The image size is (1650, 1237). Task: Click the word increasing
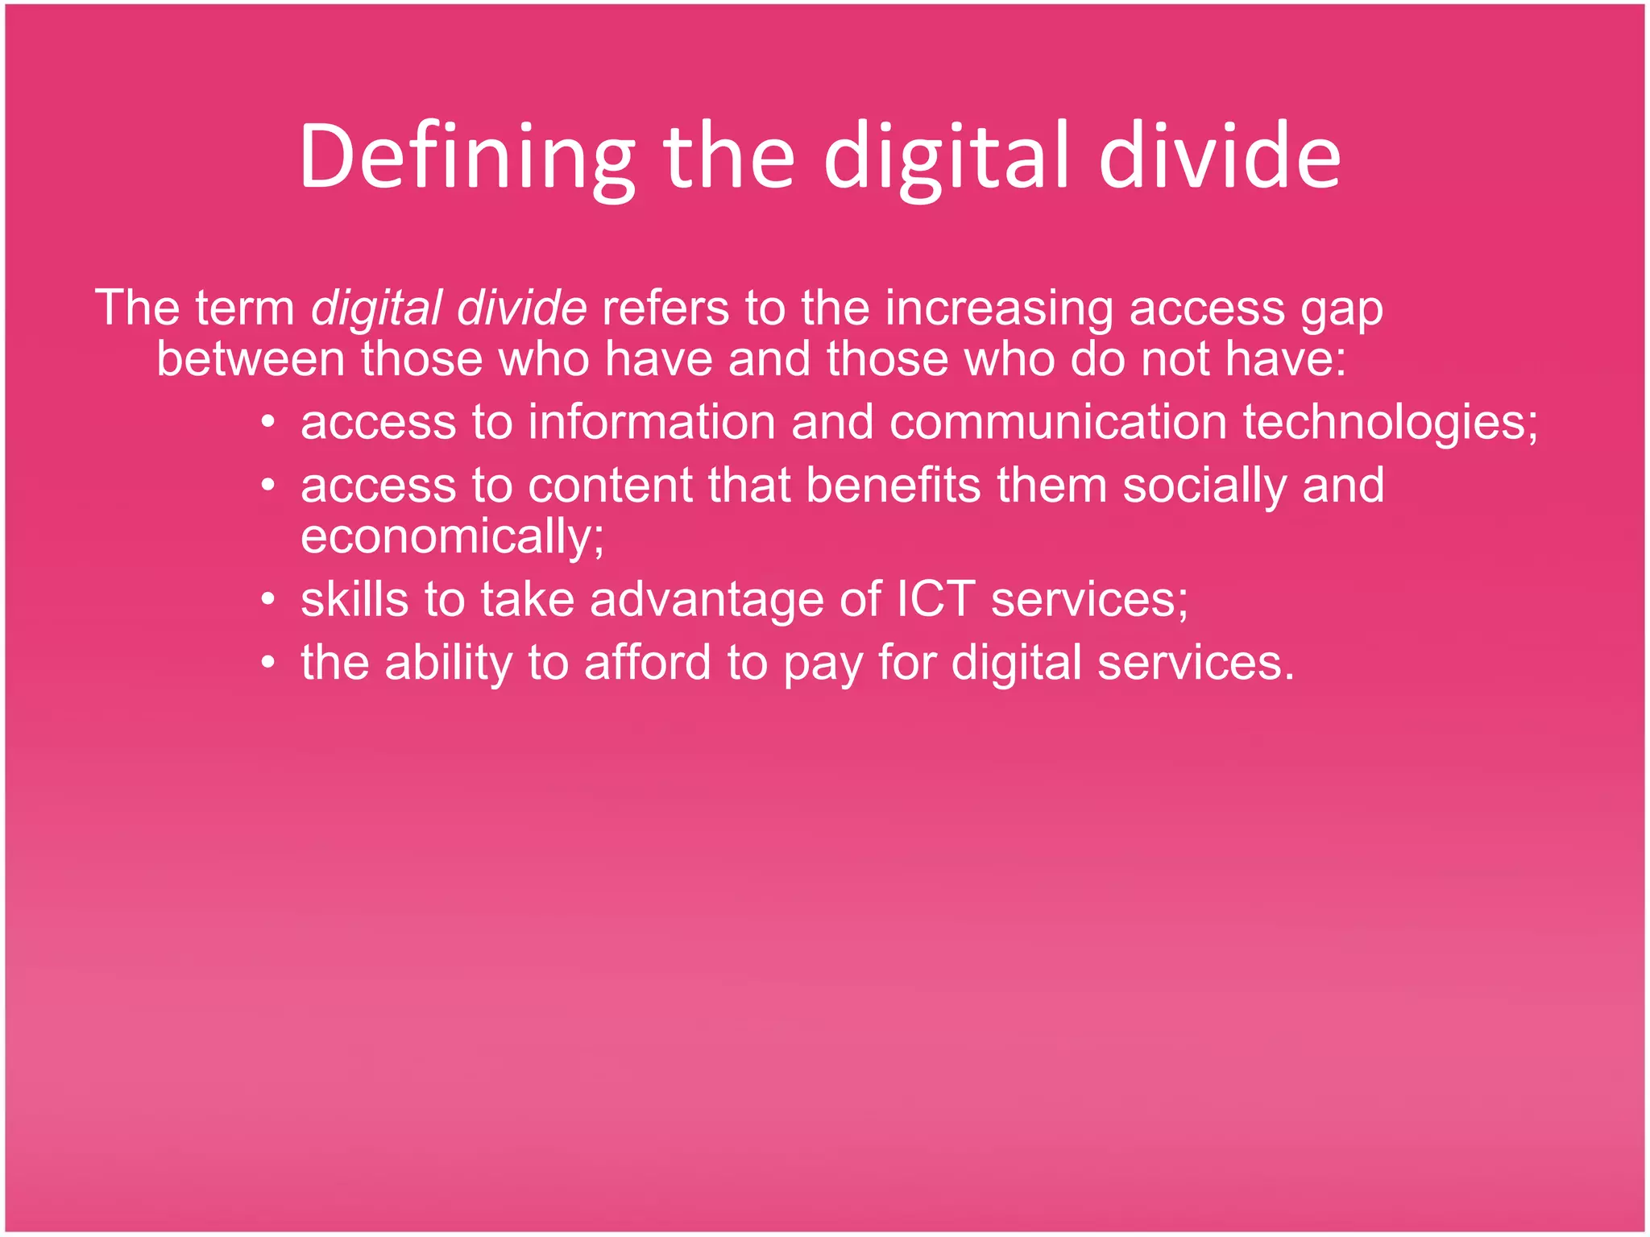coord(999,308)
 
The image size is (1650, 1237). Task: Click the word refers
coord(665,308)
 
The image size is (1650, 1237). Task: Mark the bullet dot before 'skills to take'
coord(269,600)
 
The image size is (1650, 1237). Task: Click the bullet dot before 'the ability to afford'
coord(269,663)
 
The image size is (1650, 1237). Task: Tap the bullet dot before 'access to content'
coord(269,485)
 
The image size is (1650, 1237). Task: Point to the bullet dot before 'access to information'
coord(269,421)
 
